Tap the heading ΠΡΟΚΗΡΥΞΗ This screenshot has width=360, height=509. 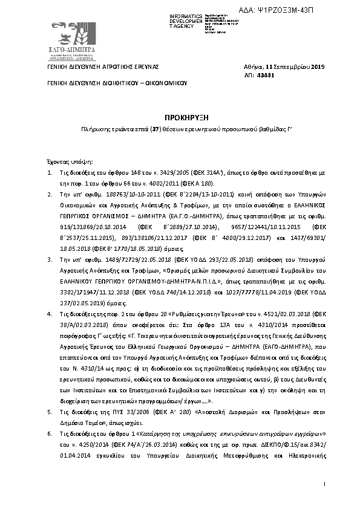point(180,117)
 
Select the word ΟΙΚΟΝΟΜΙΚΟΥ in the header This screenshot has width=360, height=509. point(163,84)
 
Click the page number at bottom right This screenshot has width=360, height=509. point(325,484)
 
